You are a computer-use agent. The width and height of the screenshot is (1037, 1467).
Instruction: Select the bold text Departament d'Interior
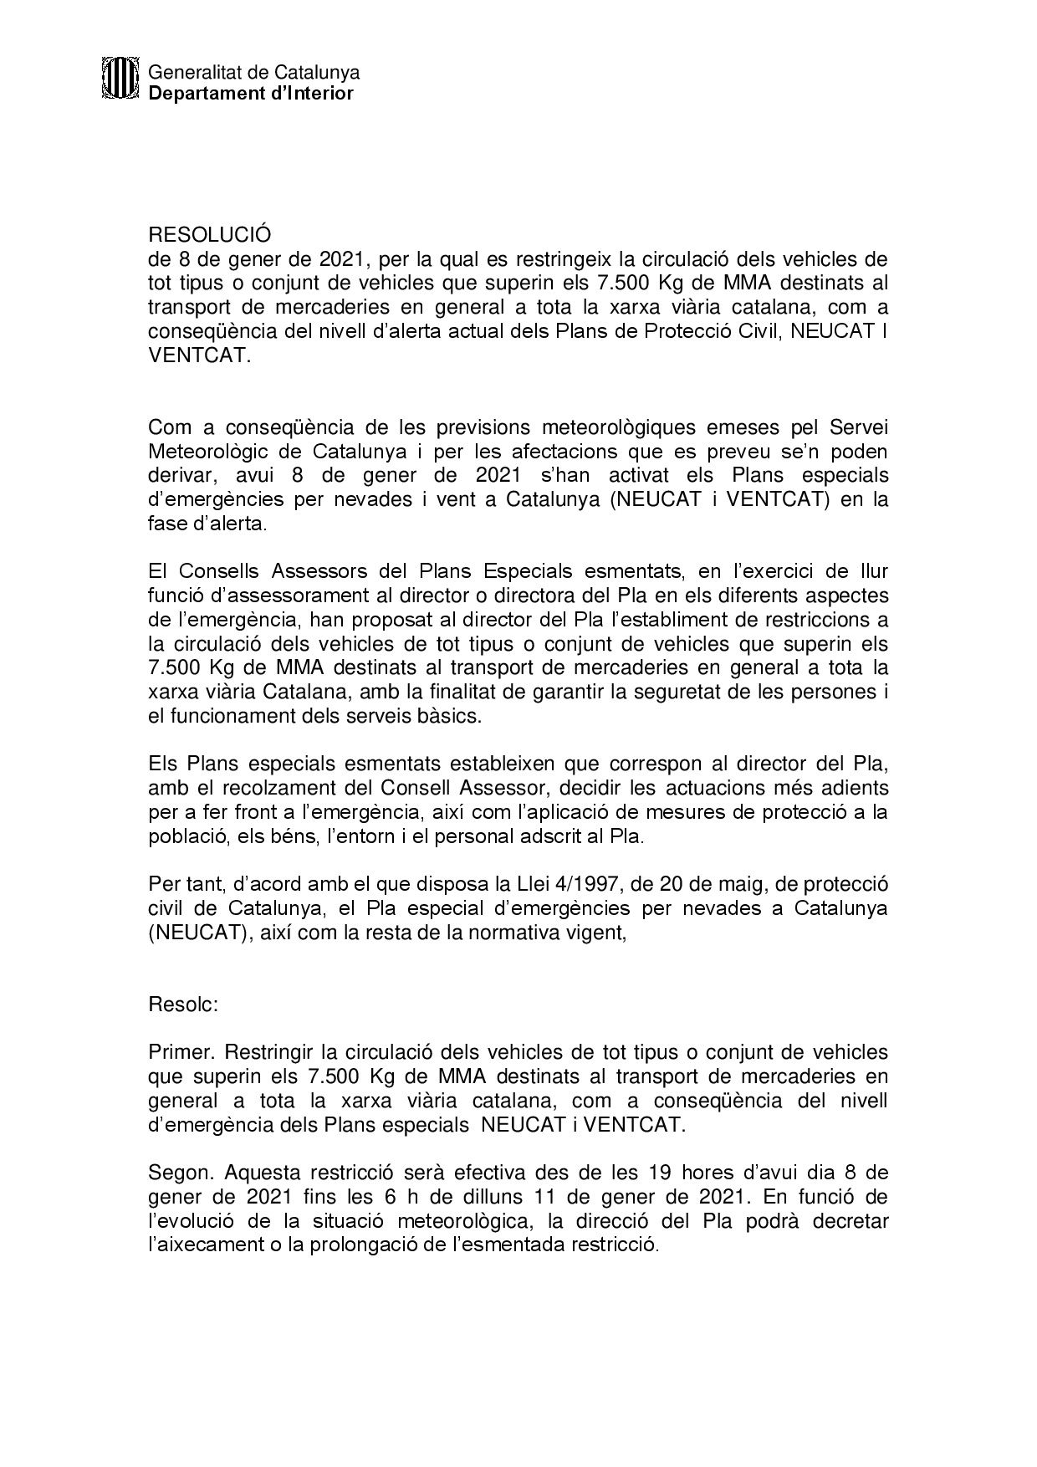pyautogui.click(x=251, y=94)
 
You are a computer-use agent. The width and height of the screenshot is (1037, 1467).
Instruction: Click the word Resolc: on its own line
pyautogui.click(x=183, y=1004)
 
